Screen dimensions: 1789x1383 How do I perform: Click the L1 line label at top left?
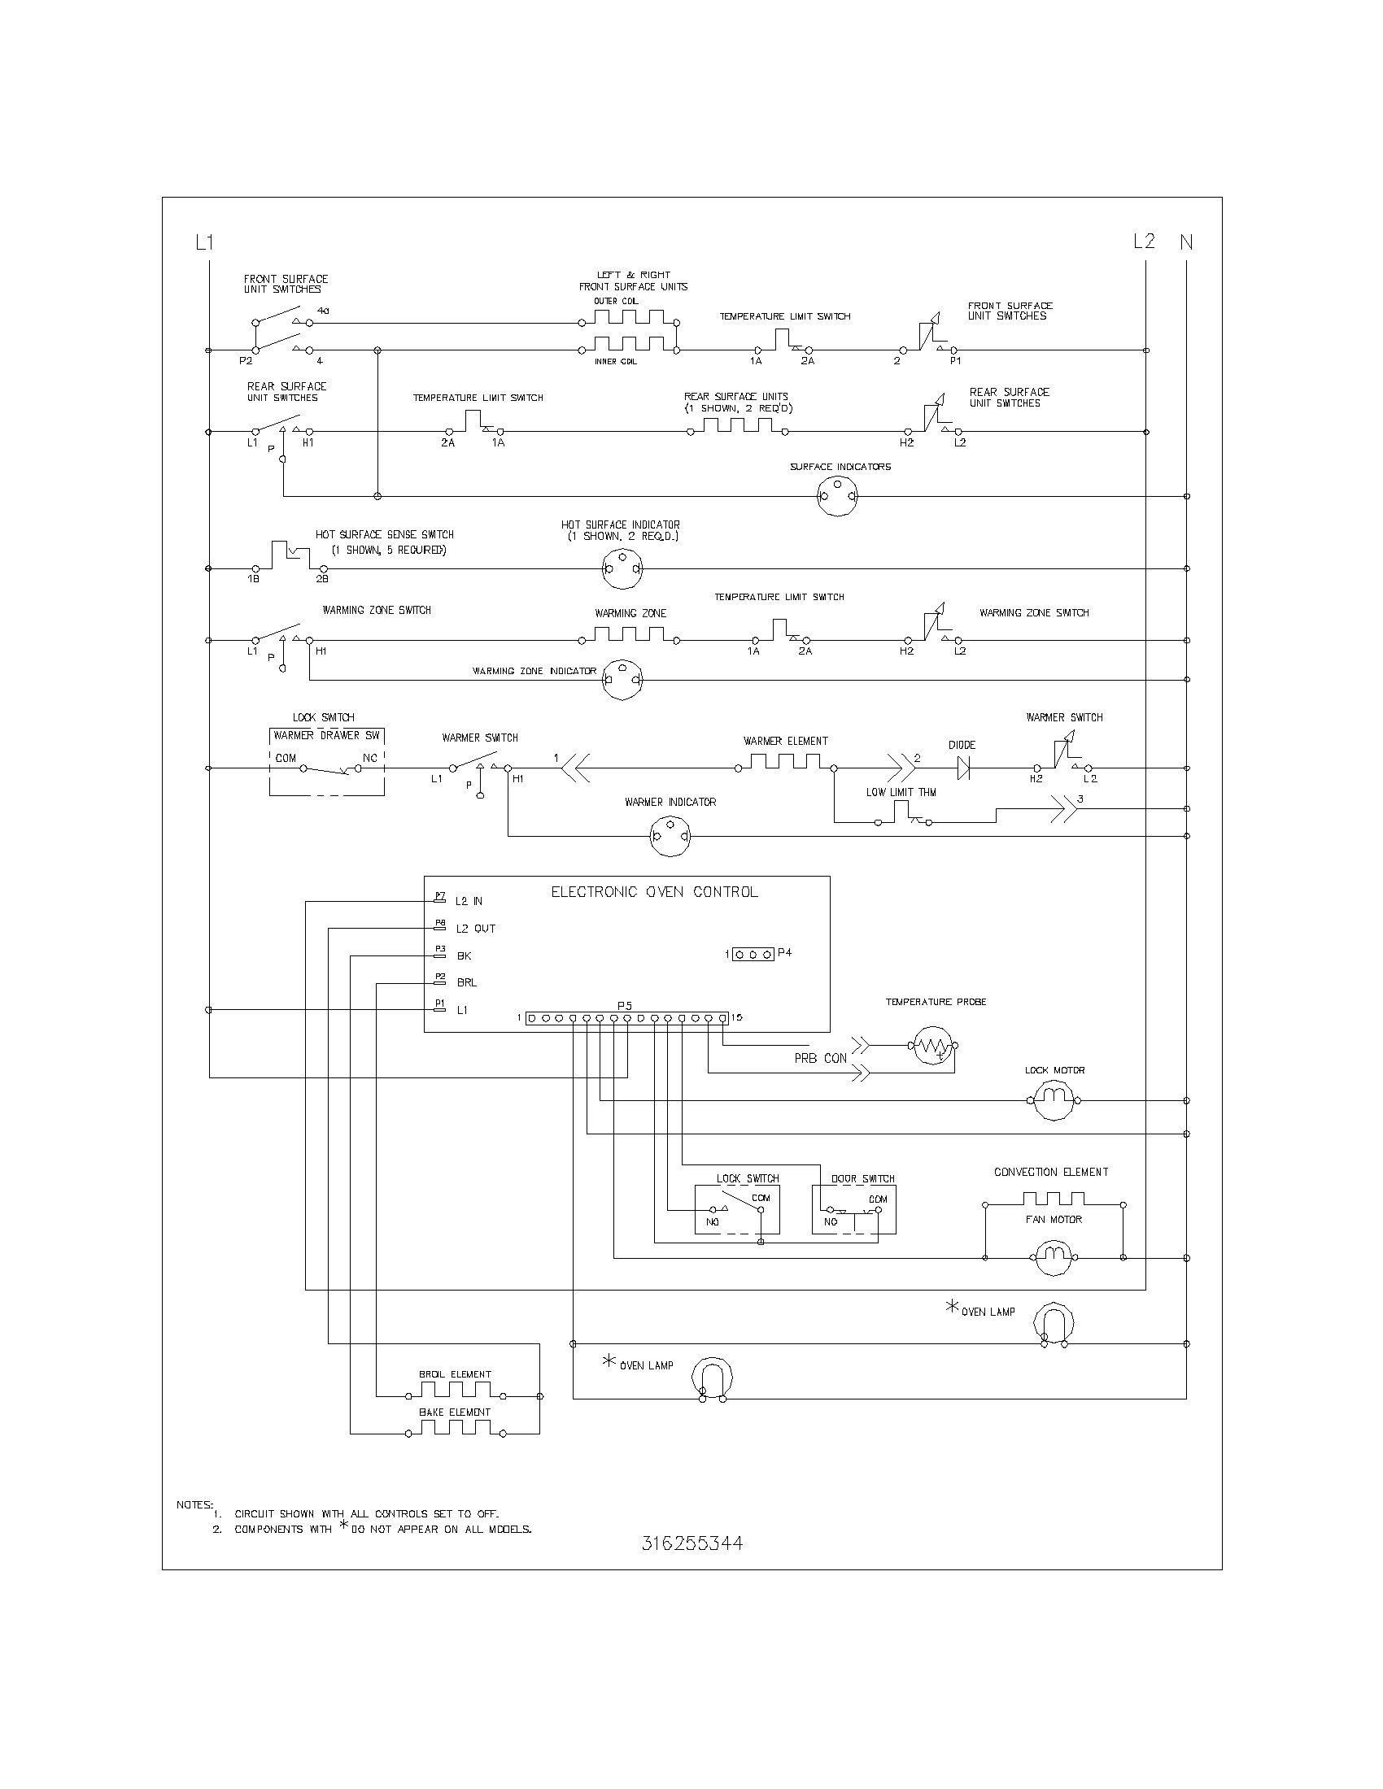[204, 242]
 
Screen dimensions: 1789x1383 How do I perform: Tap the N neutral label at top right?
[1185, 242]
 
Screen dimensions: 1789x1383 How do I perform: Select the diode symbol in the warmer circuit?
[963, 768]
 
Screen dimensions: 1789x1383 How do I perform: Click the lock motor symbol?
[1053, 1100]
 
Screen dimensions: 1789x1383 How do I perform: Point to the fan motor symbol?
[1053, 1257]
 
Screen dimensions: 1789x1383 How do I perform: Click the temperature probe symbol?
[932, 1045]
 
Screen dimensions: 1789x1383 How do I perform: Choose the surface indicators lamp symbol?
[837, 496]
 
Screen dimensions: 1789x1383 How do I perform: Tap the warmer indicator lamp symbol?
[670, 836]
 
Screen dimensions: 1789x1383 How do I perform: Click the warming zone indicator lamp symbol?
[622, 679]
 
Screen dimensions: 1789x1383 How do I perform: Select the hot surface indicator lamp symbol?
[622, 568]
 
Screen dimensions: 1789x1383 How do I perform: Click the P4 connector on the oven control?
[753, 955]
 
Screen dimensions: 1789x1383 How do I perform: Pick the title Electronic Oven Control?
[654, 892]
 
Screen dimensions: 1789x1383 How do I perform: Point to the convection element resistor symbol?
[1053, 1200]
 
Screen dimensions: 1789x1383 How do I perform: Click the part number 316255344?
[692, 1543]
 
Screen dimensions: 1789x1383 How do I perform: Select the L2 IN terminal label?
[469, 902]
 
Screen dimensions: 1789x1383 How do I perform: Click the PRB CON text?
[820, 1058]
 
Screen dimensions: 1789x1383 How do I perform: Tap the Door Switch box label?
[862, 1179]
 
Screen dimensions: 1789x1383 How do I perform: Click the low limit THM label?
[901, 792]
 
